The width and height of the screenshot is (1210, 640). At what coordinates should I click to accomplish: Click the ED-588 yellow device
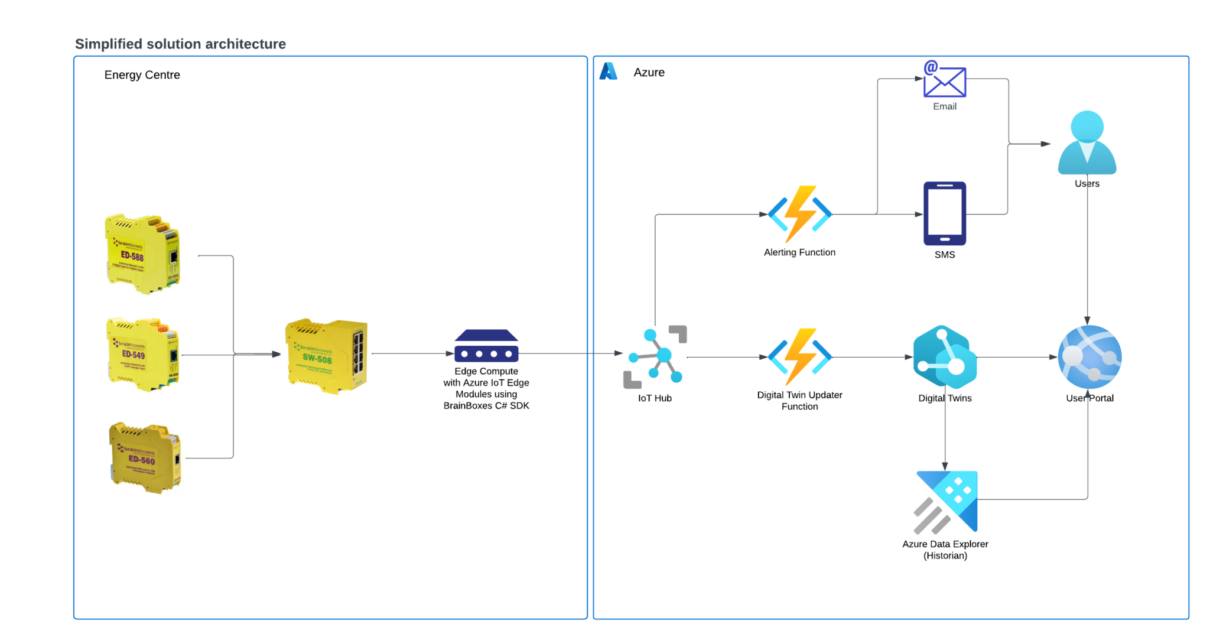(x=142, y=254)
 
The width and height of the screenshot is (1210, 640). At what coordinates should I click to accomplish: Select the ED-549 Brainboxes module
(x=142, y=354)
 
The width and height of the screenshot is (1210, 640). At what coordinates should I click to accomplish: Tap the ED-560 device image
(x=145, y=458)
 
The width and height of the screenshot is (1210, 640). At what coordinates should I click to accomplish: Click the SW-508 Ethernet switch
(x=326, y=355)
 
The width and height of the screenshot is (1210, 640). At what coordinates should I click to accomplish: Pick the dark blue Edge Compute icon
(x=486, y=346)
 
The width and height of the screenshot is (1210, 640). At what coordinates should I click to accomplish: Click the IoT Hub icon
(x=655, y=356)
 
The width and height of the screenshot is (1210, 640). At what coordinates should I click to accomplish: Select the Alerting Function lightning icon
(x=799, y=214)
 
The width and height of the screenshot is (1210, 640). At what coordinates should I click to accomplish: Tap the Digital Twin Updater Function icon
(x=799, y=357)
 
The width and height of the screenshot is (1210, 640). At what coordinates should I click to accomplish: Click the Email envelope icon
(x=944, y=80)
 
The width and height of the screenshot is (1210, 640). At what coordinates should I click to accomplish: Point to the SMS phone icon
(x=944, y=213)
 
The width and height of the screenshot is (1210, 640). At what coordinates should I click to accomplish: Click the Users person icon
(x=1087, y=143)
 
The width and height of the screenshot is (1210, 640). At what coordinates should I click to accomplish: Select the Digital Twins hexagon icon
(x=944, y=357)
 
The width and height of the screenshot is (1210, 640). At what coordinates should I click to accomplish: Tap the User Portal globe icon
(x=1089, y=357)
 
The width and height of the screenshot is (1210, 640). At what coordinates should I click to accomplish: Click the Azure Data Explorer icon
(x=946, y=501)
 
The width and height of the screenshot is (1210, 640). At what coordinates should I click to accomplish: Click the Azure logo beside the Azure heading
(x=608, y=72)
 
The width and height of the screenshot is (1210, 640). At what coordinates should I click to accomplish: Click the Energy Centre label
(x=142, y=75)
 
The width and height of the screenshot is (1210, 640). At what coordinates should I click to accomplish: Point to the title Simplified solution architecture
(x=180, y=44)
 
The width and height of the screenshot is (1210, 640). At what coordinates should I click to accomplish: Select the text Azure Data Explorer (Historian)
(x=945, y=550)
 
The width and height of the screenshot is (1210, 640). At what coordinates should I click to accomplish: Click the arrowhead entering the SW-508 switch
(x=276, y=355)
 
